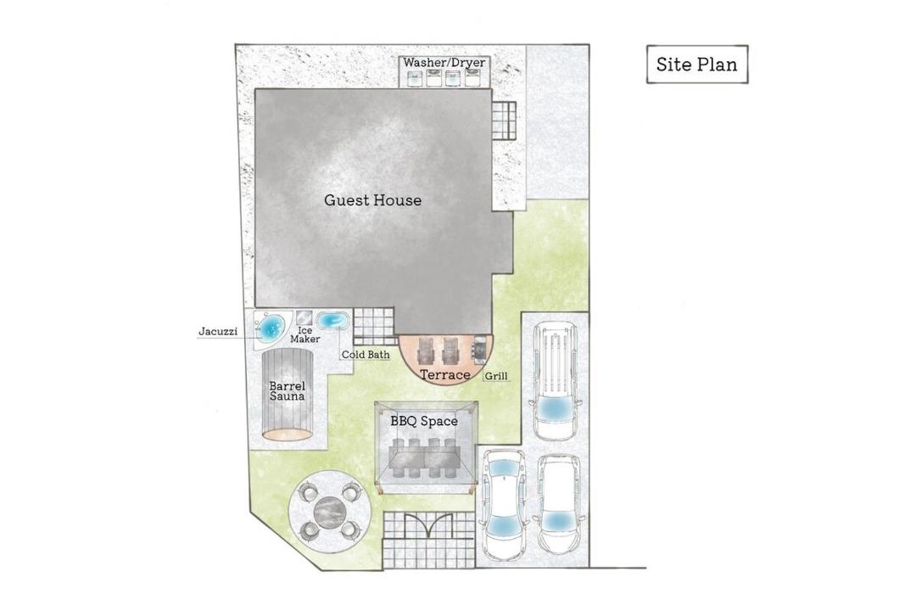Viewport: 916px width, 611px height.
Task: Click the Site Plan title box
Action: point(697,64)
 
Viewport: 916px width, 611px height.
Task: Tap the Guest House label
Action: point(372,200)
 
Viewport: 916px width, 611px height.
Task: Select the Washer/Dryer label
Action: point(444,62)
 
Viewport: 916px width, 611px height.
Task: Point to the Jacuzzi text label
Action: point(218,332)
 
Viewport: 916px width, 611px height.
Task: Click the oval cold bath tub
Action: point(333,321)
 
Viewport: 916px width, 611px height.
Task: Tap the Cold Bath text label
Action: point(365,355)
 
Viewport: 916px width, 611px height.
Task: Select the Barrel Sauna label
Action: point(288,390)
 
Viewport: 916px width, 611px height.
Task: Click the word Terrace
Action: point(445,375)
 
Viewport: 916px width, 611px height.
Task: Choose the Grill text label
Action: point(496,376)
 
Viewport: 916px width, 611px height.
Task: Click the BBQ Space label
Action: point(424,421)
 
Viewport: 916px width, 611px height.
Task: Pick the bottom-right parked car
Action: point(558,504)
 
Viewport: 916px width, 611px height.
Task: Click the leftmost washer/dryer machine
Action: point(414,78)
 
